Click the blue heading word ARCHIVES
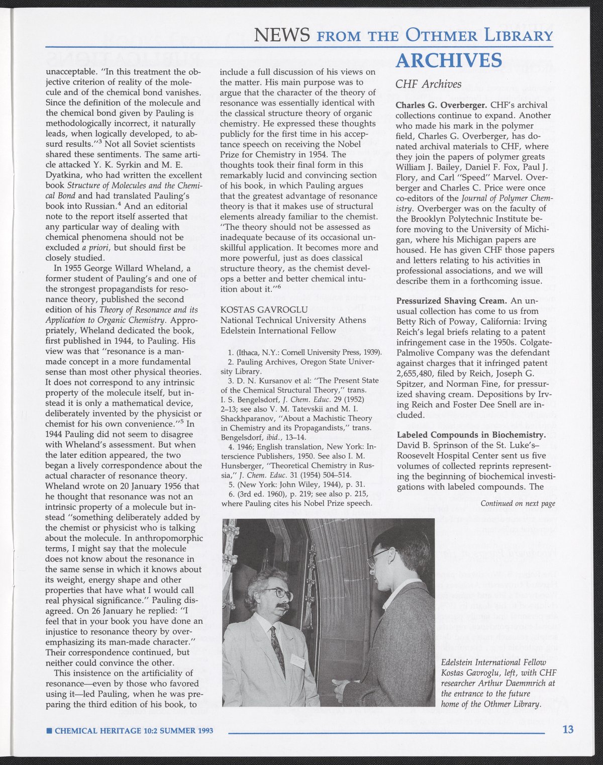[449, 60]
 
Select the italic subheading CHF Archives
[428, 84]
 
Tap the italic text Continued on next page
[518, 504]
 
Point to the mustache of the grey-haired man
[282, 608]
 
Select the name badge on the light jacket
[297, 660]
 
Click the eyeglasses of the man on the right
[379, 557]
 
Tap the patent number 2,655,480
[417, 373]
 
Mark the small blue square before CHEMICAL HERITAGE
[48, 730]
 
